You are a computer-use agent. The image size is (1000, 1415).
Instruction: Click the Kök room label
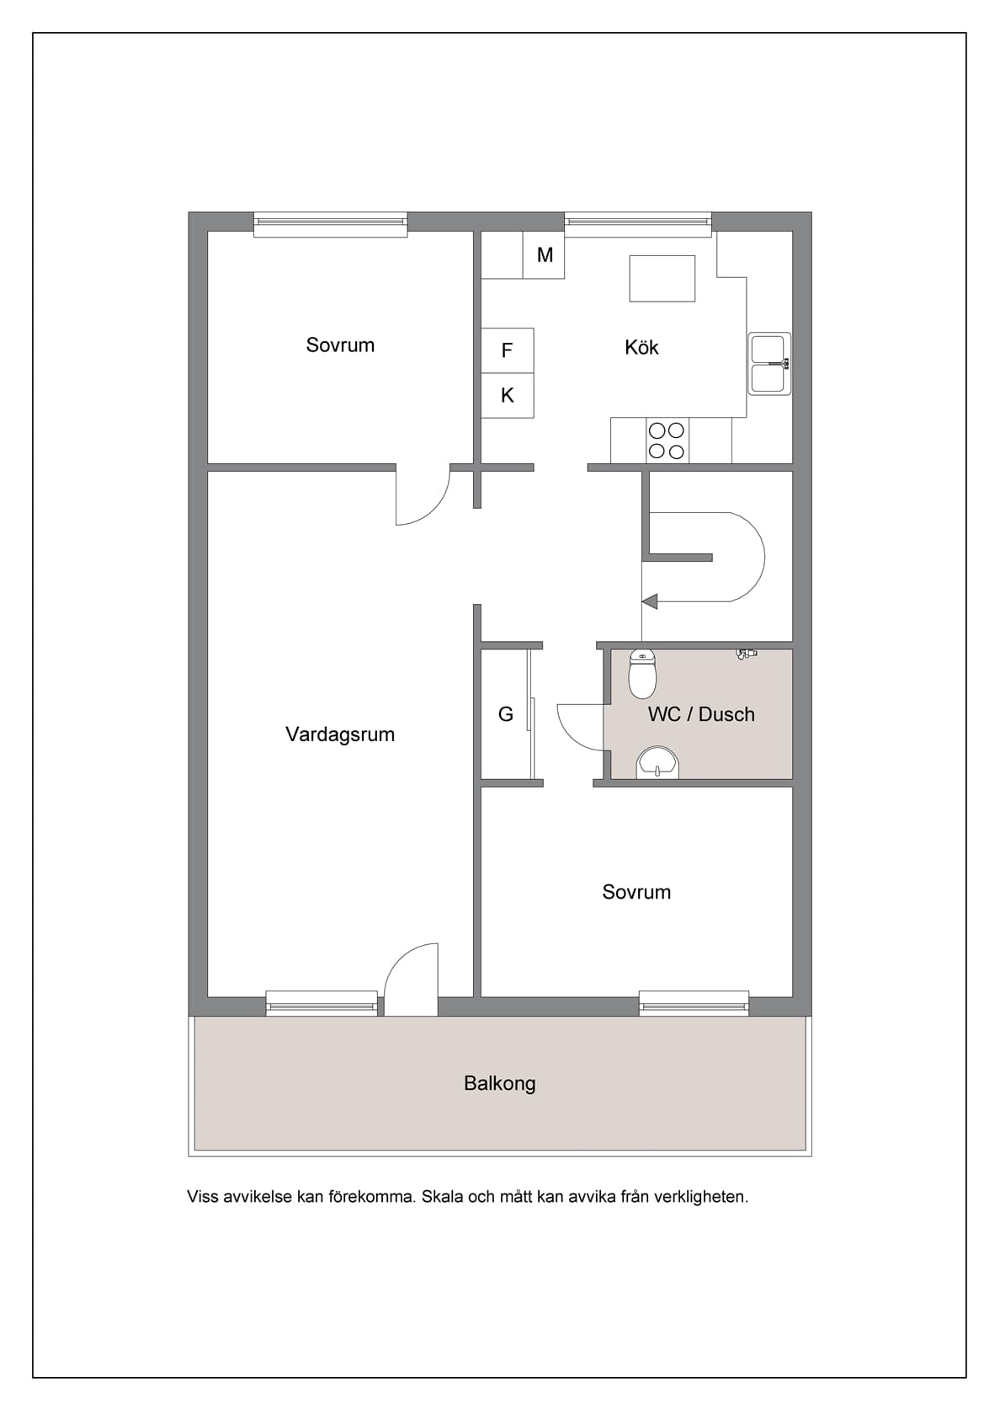[641, 347]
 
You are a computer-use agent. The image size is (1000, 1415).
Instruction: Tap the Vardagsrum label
[340, 734]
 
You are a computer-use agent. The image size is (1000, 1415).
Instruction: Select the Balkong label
[499, 1083]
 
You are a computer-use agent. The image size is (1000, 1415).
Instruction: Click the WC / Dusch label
[701, 714]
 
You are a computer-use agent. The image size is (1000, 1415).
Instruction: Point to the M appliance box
[545, 255]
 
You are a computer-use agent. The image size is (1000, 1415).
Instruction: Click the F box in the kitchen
[507, 350]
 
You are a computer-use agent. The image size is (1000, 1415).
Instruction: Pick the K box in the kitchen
[507, 395]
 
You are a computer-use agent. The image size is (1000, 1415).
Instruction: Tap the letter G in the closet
[506, 714]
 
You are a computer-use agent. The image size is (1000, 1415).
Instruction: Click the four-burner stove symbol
[667, 441]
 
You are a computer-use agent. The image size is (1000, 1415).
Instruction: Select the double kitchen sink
[769, 364]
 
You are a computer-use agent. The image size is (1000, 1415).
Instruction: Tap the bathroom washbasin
[657, 762]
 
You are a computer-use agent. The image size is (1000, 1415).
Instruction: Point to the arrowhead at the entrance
[649, 601]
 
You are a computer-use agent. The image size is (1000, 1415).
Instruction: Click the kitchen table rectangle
[662, 279]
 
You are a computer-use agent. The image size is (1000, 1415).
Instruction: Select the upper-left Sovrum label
[340, 345]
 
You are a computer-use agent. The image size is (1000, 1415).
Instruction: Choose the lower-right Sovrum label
[636, 892]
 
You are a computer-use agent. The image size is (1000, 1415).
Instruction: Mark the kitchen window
[638, 222]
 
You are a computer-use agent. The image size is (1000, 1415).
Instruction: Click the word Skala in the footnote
[443, 1197]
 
